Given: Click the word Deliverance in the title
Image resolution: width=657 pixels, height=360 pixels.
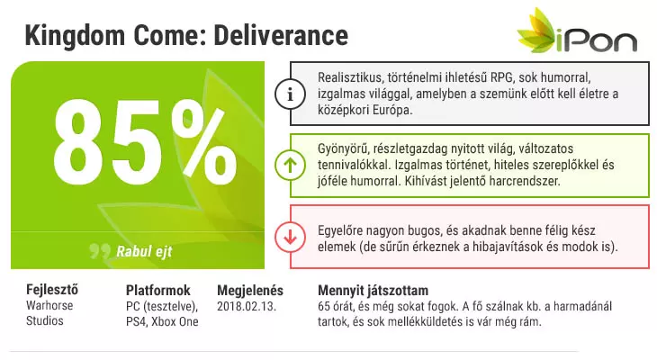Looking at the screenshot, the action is coord(281,35).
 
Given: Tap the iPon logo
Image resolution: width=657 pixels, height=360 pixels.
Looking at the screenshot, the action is coord(577,31).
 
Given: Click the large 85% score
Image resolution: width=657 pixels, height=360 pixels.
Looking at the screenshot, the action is coord(145,142).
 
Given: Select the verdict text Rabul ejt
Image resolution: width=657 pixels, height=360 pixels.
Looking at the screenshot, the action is coord(144,251).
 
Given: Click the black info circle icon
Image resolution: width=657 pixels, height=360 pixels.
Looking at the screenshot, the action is coord(290,94).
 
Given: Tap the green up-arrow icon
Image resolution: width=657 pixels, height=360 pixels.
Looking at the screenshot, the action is coord(290,165).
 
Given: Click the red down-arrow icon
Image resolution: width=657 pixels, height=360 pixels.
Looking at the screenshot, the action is coord(290,237).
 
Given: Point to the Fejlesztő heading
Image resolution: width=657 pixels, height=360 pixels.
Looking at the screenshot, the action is coord(52,290).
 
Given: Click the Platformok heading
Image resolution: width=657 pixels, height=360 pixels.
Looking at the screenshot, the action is coord(158,290).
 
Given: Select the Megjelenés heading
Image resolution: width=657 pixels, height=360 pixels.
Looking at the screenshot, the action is coord(250,291).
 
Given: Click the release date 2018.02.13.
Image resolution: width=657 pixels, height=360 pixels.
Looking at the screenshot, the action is coord(247,306).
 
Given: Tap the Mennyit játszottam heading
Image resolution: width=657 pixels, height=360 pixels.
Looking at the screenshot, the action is coord(373,291).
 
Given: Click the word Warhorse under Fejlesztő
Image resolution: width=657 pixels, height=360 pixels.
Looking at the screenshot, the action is coord(49,305).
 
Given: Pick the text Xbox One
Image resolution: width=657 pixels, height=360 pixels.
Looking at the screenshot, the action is coord(175,321).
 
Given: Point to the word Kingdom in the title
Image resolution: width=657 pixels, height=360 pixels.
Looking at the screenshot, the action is coord(75,36).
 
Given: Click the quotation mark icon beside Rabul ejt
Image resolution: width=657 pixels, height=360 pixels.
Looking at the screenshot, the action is coord(100,250).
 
